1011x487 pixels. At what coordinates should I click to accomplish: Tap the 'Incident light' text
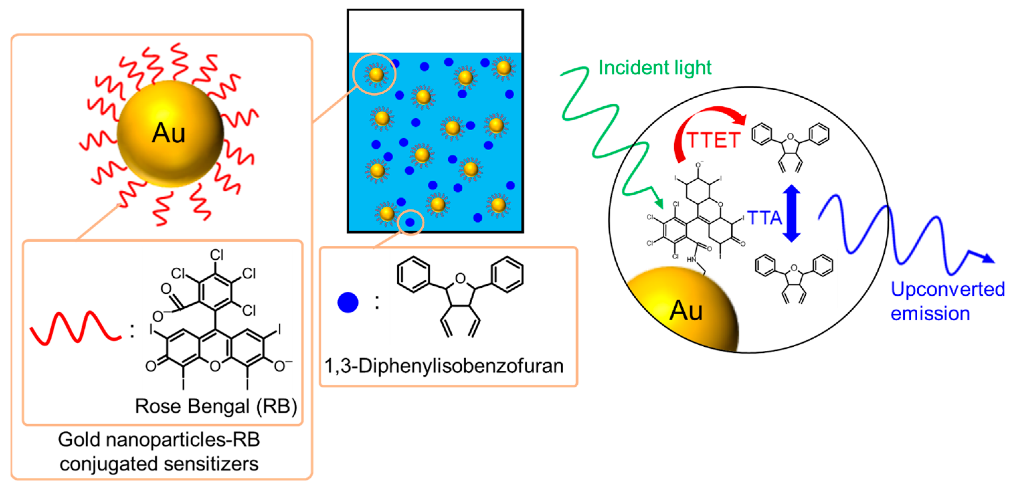tap(654, 67)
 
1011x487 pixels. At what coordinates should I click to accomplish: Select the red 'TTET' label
tap(713, 140)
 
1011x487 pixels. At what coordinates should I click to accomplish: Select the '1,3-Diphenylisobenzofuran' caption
tap(443, 366)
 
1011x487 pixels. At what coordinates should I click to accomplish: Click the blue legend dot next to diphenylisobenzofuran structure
tap(348, 303)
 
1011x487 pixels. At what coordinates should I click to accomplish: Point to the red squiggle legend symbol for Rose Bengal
tap(75, 329)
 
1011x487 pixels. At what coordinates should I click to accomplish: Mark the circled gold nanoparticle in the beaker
tap(376, 74)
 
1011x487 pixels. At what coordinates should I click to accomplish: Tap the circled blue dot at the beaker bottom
tap(410, 223)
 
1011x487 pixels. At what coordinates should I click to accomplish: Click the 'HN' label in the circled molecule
tap(691, 259)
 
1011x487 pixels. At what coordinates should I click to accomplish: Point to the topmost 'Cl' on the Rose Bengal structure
tap(217, 255)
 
